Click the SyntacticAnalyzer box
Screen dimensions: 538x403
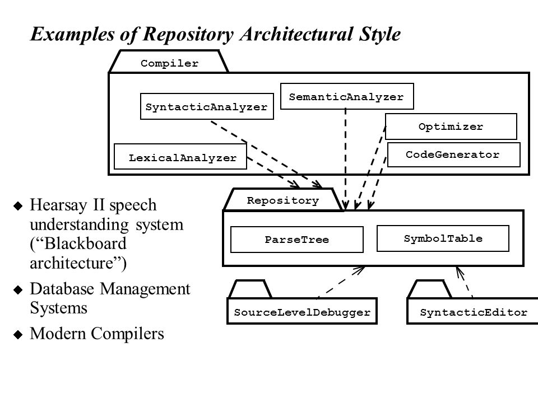(207, 106)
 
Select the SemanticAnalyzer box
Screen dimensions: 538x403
(347, 96)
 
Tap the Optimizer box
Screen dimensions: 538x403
(451, 126)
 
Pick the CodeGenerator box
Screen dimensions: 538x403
(453, 154)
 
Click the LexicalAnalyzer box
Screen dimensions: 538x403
(180, 156)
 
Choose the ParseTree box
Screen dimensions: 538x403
(297, 240)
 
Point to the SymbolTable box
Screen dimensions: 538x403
(443, 238)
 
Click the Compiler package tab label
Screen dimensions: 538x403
(169, 63)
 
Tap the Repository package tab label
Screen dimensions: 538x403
(282, 200)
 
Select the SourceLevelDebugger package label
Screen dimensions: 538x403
(302, 312)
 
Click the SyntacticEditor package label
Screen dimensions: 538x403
(474, 312)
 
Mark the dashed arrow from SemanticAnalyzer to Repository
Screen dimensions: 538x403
(346, 159)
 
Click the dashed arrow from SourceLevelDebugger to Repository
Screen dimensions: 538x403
(340, 282)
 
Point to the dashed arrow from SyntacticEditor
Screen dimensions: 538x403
(464, 282)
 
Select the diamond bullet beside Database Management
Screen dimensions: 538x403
(18, 289)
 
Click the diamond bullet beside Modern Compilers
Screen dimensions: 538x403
(18, 334)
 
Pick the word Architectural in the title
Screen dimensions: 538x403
(296, 34)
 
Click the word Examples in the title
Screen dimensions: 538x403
(72, 35)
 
